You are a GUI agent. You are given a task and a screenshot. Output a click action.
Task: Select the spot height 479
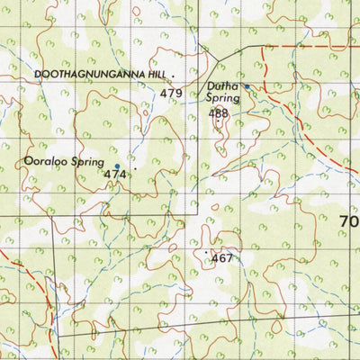172,93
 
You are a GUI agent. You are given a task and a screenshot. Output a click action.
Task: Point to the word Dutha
222,85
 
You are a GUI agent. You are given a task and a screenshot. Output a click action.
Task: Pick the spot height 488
218,113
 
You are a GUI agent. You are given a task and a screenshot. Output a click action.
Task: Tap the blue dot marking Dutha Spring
247,86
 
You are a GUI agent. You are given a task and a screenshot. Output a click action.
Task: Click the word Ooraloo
44,163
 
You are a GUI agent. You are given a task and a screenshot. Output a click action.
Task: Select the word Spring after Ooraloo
88,164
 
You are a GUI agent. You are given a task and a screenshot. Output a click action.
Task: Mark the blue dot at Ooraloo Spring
116,166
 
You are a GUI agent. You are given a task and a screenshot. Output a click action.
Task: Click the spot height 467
221,258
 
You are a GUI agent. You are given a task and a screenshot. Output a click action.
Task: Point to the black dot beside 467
208,252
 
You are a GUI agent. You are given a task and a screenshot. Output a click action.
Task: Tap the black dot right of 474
136,168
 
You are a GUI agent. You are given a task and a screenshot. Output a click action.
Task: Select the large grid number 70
349,221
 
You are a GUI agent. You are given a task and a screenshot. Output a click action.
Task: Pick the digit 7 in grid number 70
344,221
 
